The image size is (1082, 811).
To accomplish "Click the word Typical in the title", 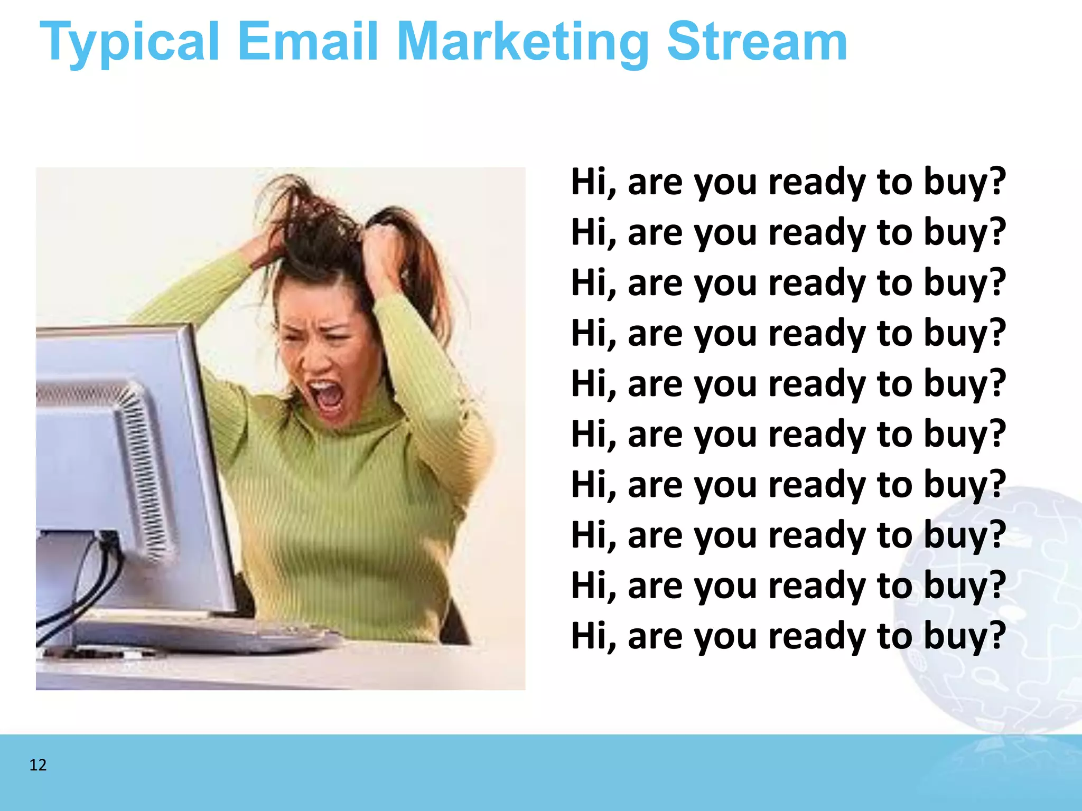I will [129, 42].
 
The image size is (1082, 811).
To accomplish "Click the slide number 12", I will [38, 765].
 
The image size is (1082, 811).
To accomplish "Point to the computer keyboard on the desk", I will [222, 634].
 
